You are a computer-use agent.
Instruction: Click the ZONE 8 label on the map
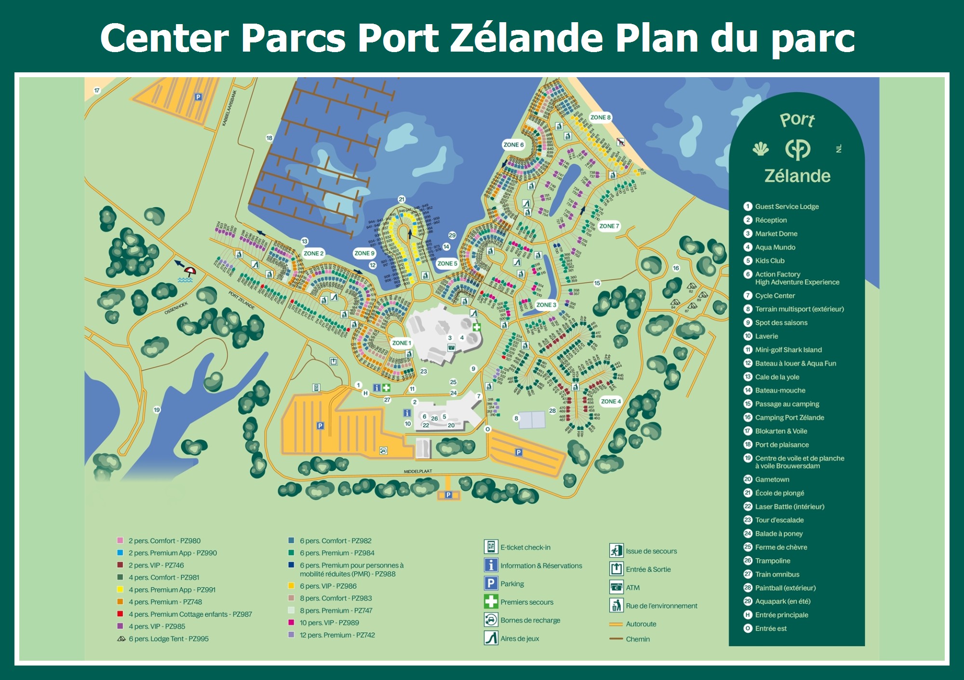point(600,117)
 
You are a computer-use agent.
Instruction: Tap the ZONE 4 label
point(611,401)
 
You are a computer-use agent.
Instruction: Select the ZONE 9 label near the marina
point(364,253)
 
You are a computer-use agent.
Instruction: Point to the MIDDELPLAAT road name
point(418,471)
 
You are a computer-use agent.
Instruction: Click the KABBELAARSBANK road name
point(229,108)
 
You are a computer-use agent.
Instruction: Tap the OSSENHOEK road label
point(176,308)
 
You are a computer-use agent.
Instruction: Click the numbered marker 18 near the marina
point(269,138)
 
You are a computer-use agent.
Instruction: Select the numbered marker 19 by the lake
point(157,410)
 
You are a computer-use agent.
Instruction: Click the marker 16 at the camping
point(676,268)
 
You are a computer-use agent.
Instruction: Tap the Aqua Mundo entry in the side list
point(775,247)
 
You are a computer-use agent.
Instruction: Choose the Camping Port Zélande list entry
point(789,417)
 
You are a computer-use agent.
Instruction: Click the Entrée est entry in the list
point(770,628)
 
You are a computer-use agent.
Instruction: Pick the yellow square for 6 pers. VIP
point(291,586)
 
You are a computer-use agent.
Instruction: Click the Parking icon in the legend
point(491,584)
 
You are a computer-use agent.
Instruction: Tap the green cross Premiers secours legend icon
point(491,601)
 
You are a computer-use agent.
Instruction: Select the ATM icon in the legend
point(616,587)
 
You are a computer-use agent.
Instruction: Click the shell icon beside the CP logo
point(761,149)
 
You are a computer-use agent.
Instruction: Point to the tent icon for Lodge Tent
point(121,639)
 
